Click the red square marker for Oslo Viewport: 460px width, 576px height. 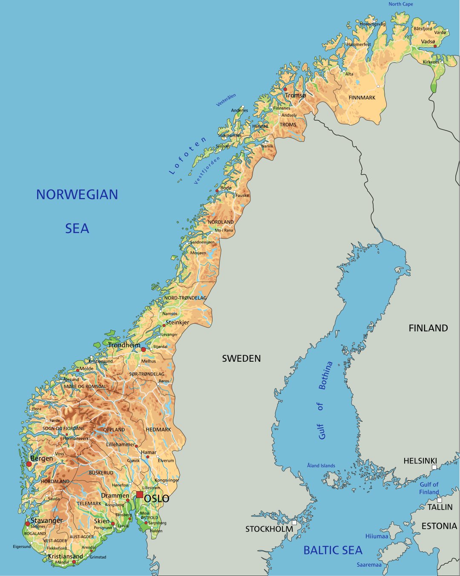140,495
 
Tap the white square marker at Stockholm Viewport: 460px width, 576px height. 294,522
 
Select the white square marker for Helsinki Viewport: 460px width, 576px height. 434,467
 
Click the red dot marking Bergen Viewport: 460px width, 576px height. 29,464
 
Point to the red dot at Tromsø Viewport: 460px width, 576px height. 285,89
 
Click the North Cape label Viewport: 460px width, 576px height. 400,4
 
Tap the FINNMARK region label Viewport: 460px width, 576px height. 362,98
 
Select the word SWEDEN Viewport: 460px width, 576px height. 241,359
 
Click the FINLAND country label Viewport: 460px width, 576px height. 428,328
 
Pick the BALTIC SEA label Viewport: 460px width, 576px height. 333,550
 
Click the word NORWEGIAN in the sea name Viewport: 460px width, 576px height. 77,195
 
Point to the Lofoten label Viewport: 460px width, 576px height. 188,156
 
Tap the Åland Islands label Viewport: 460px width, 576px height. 321,466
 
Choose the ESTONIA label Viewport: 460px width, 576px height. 439,526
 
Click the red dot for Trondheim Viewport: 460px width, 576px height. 144,349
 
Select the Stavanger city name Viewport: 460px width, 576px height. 46,521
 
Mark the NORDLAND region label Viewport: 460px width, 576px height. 221,222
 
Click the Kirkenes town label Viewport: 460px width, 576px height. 431,62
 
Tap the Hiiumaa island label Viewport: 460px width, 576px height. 377,536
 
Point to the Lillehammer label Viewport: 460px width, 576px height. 120,444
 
